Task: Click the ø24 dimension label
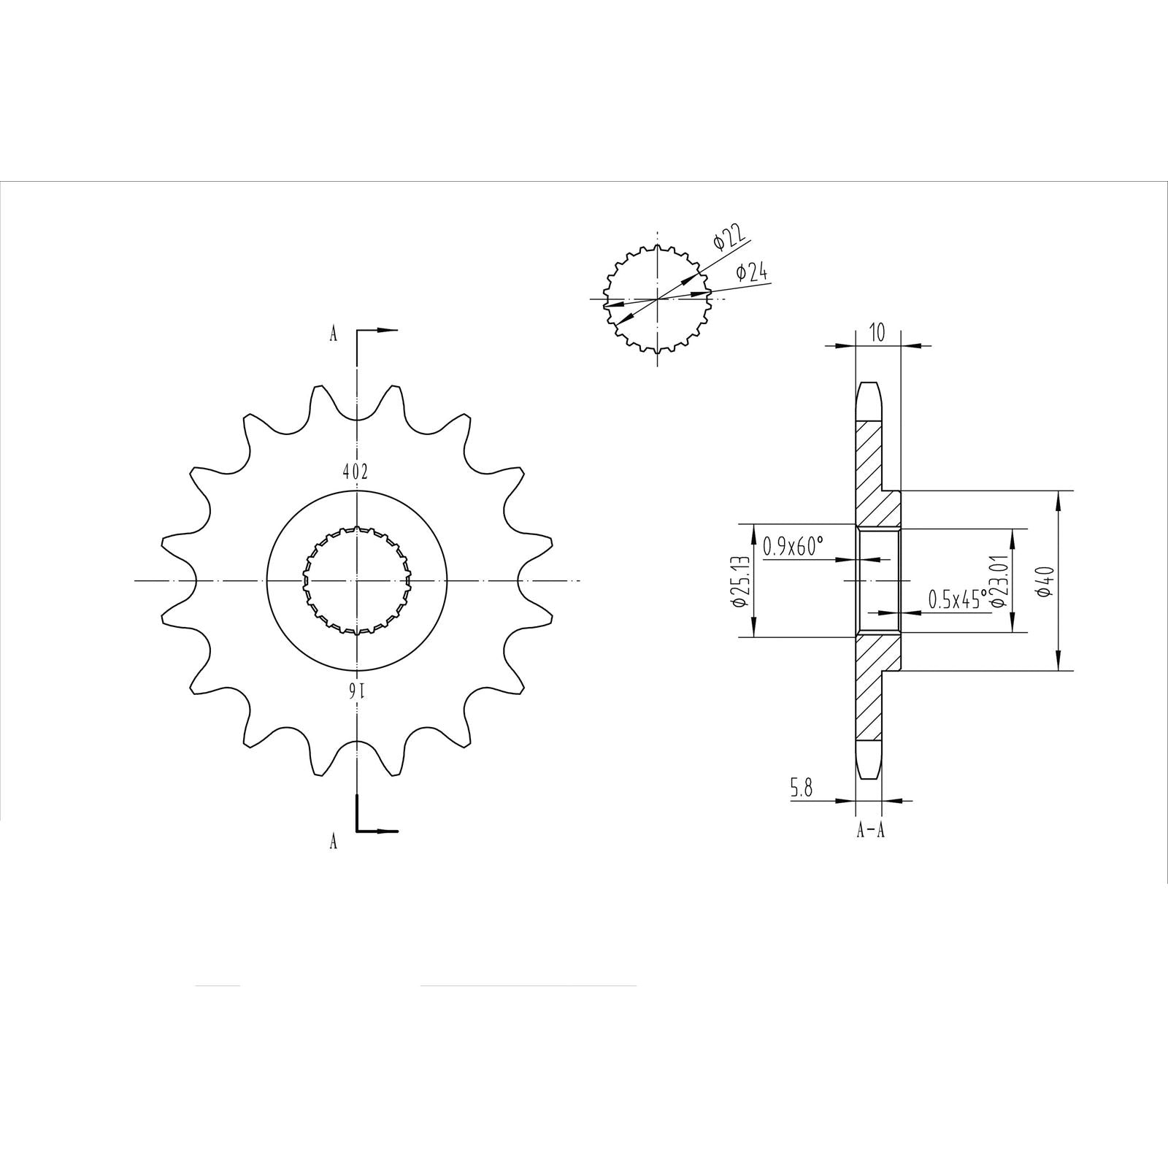pyautogui.click(x=751, y=273)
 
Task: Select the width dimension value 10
pyautogui.click(x=877, y=334)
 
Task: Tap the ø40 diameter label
pyautogui.click(x=1046, y=580)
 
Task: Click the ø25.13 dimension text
pyautogui.click(x=738, y=580)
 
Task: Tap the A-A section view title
pyautogui.click(x=870, y=830)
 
